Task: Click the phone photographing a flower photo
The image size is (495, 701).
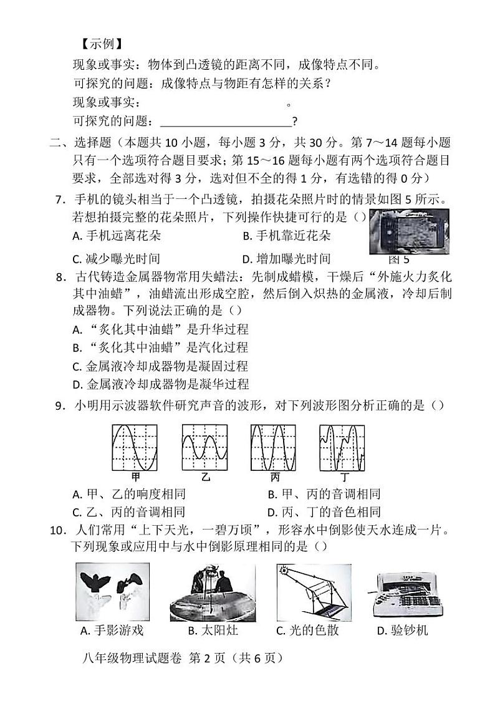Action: pos(407,231)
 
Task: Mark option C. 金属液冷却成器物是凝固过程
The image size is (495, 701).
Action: pos(160,366)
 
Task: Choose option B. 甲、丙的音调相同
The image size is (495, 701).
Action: pos(324,495)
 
